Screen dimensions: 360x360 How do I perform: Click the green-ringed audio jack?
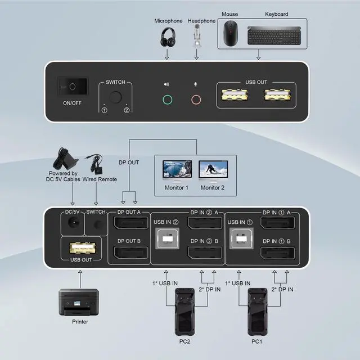pyautogui.click(x=166, y=100)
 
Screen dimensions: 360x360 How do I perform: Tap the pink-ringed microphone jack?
pyautogui.click(x=196, y=100)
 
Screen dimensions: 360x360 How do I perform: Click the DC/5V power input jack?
pyautogui.click(x=72, y=224)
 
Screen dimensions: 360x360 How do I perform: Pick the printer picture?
pyautogui.click(x=79, y=303)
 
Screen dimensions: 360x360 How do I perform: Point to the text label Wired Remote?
pyautogui.click(x=101, y=179)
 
